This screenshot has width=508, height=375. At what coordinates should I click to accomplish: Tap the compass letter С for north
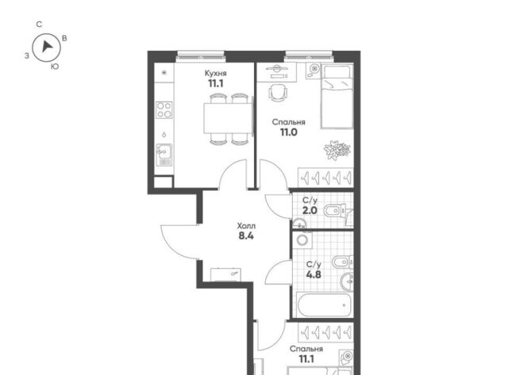point(39,25)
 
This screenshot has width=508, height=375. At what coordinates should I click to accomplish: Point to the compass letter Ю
point(55,67)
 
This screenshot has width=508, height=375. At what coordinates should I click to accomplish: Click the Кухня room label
point(215,74)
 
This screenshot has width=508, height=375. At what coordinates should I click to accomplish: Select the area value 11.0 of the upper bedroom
point(289,132)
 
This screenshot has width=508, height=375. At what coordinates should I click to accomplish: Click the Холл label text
point(246,225)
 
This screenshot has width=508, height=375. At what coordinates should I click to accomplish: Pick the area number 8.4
point(246,236)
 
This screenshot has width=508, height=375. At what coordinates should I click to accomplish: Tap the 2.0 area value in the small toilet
point(310,211)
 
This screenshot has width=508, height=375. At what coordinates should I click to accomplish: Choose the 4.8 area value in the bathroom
point(314,274)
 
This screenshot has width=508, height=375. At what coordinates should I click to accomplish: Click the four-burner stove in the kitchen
point(164,110)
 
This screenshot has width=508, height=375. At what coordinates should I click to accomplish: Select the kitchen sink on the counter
point(164,155)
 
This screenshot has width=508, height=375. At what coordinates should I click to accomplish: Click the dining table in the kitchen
point(228,118)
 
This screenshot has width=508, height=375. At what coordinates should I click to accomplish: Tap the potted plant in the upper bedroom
point(337,150)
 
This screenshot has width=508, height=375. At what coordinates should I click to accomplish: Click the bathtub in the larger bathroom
point(325,304)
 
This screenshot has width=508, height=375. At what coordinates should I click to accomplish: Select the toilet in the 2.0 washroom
point(335,211)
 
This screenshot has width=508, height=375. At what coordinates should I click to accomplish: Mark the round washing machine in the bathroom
point(302,239)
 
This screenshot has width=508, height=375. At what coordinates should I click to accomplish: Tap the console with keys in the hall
point(225,274)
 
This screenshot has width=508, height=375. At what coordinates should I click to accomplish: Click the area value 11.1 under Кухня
point(216,84)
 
